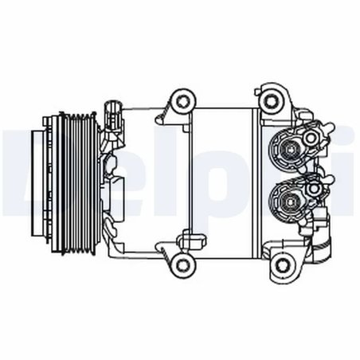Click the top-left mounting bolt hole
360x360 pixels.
(184, 101)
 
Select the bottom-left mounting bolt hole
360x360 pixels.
(184, 264)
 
